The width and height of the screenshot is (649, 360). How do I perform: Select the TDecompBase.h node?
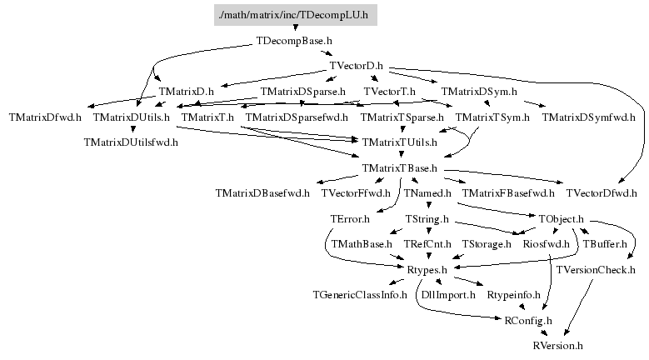coord(296,40)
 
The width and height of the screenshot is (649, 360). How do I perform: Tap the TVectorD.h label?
coord(356,66)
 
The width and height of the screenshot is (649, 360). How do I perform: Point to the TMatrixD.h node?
coord(186,91)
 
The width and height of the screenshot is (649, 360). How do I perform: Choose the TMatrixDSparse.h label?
coord(302,91)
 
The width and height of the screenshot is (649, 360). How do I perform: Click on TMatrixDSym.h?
coord(479,91)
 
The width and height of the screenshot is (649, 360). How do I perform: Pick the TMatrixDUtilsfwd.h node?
coord(132,142)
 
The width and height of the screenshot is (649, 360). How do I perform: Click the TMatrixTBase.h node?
coord(401,168)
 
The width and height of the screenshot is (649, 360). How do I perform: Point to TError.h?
coord(349,219)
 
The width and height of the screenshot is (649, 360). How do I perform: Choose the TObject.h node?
coord(560,219)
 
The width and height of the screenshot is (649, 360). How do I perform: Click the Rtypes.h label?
coord(427,270)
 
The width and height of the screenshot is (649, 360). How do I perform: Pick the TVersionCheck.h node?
coord(596,270)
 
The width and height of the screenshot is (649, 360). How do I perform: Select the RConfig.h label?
coord(528,320)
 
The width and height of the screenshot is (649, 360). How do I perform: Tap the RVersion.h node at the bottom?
coord(557,345)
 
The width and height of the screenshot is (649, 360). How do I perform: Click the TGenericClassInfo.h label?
coord(360,294)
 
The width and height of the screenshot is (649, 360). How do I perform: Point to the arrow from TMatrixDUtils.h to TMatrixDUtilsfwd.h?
coord(132,129)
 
